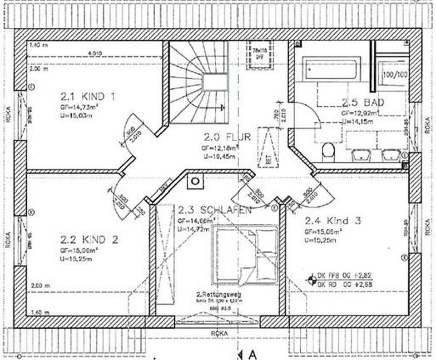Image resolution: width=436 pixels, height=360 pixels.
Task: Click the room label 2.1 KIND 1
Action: click(88, 97)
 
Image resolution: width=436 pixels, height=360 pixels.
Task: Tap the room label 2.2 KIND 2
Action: click(89, 239)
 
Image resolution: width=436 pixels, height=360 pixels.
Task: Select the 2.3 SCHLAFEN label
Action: click(214, 211)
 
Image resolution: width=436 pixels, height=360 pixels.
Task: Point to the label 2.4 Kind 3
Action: click(332, 222)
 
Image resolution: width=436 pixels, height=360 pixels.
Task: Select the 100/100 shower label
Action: click(395, 75)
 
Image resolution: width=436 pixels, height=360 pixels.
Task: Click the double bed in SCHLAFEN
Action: click(245, 254)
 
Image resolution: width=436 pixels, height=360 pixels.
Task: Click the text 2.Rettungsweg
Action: click(218, 295)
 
